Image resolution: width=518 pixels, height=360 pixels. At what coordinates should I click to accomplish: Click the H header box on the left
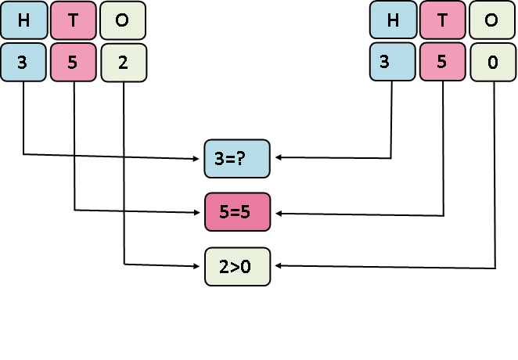pos(22,21)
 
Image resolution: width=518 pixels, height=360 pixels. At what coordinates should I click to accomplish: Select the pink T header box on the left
pos(73,21)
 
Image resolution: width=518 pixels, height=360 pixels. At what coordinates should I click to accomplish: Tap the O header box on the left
pos(123,21)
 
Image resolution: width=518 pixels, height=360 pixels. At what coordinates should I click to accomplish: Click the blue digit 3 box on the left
pos(22,63)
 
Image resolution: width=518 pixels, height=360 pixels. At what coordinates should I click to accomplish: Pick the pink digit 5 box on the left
pos(73,63)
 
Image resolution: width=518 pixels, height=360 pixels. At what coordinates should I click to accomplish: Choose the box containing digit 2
pos(123,63)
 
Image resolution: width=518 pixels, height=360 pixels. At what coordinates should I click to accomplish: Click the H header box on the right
pos(392,21)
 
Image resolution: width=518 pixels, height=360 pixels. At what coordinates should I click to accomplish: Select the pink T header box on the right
pos(443,21)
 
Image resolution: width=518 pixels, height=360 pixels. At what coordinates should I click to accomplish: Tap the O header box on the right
pos(492,21)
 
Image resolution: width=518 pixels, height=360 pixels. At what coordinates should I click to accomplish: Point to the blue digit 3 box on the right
pos(392,63)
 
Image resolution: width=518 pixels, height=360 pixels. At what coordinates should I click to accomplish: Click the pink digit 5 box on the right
pos(443,63)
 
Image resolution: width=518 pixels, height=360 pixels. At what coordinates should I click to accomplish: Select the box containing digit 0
pos(492,63)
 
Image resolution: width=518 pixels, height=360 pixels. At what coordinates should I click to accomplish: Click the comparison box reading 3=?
pos(236,159)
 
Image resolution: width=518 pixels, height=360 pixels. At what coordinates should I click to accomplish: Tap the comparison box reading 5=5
pos(236,212)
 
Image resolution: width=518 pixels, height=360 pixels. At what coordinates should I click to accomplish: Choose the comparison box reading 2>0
pos(236,266)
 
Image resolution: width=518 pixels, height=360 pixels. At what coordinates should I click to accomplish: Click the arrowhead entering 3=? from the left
pos(199,159)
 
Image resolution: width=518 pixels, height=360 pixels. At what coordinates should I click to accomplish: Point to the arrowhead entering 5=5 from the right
pos(276,213)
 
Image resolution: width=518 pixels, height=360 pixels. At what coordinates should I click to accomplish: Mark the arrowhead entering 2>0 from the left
pos(199,266)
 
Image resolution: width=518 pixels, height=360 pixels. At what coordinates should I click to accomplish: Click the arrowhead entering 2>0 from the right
pos(276,266)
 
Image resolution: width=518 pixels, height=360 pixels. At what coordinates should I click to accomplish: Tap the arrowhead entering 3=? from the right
pos(276,159)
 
